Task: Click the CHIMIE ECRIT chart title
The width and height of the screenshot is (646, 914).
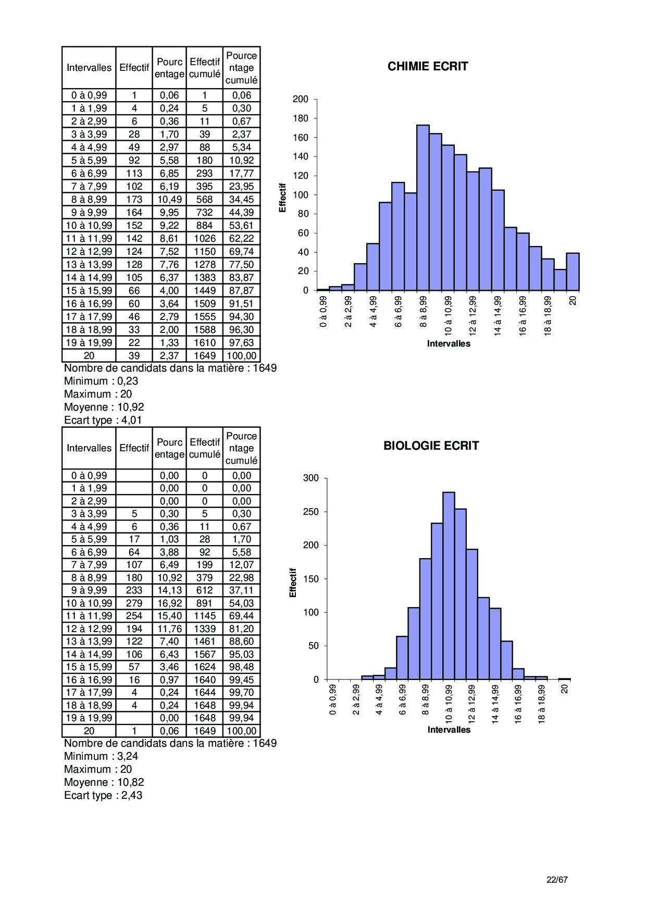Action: [x=428, y=66]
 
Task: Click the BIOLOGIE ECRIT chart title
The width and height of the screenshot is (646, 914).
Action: [x=431, y=446]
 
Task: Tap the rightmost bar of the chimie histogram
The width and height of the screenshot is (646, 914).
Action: [x=573, y=271]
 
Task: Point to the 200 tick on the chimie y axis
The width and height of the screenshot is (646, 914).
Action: [x=301, y=99]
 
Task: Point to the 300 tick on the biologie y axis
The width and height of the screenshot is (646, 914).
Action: [x=310, y=478]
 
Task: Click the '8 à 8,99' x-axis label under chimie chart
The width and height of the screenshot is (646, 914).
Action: [x=423, y=312]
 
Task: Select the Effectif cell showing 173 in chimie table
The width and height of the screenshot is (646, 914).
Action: [x=134, y=199]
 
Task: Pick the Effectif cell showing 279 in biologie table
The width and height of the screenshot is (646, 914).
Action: [x=134, y=603]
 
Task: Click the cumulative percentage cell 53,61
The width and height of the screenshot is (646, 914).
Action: [x=241, y=225]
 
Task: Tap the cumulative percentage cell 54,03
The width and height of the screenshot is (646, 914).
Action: [x=241, y=603]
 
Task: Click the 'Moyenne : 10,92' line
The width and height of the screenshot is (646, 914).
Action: [x=104, y=407]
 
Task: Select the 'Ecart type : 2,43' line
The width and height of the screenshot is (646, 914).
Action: [x=103, y=795]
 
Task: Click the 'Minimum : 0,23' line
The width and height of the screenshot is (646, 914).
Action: [x=101, y=381]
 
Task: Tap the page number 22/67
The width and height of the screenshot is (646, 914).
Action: [x=557, y=880]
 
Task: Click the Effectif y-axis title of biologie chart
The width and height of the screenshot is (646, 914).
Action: [x=293, y=583]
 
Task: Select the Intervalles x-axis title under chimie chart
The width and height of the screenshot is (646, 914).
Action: [x=449, y=344]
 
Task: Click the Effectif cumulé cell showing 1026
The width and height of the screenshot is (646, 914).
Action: [x=205, y=238]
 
